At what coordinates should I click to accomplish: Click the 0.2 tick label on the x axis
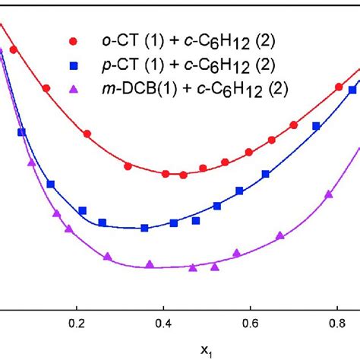(76, 323)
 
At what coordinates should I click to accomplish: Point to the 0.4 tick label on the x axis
(163, 323)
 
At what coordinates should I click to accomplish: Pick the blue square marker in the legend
(73, 65)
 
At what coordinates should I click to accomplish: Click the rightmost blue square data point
(316, 126)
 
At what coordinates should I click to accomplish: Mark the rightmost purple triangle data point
(329, 194)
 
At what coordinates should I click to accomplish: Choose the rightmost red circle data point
(339, 87)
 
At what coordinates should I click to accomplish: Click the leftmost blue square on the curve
(21, 132)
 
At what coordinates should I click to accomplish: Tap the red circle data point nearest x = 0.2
(87, 134)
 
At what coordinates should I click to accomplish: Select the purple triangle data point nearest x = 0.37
(150, 264)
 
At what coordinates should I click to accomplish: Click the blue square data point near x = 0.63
(265, 175)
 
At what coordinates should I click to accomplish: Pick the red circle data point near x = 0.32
(128, 166)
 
